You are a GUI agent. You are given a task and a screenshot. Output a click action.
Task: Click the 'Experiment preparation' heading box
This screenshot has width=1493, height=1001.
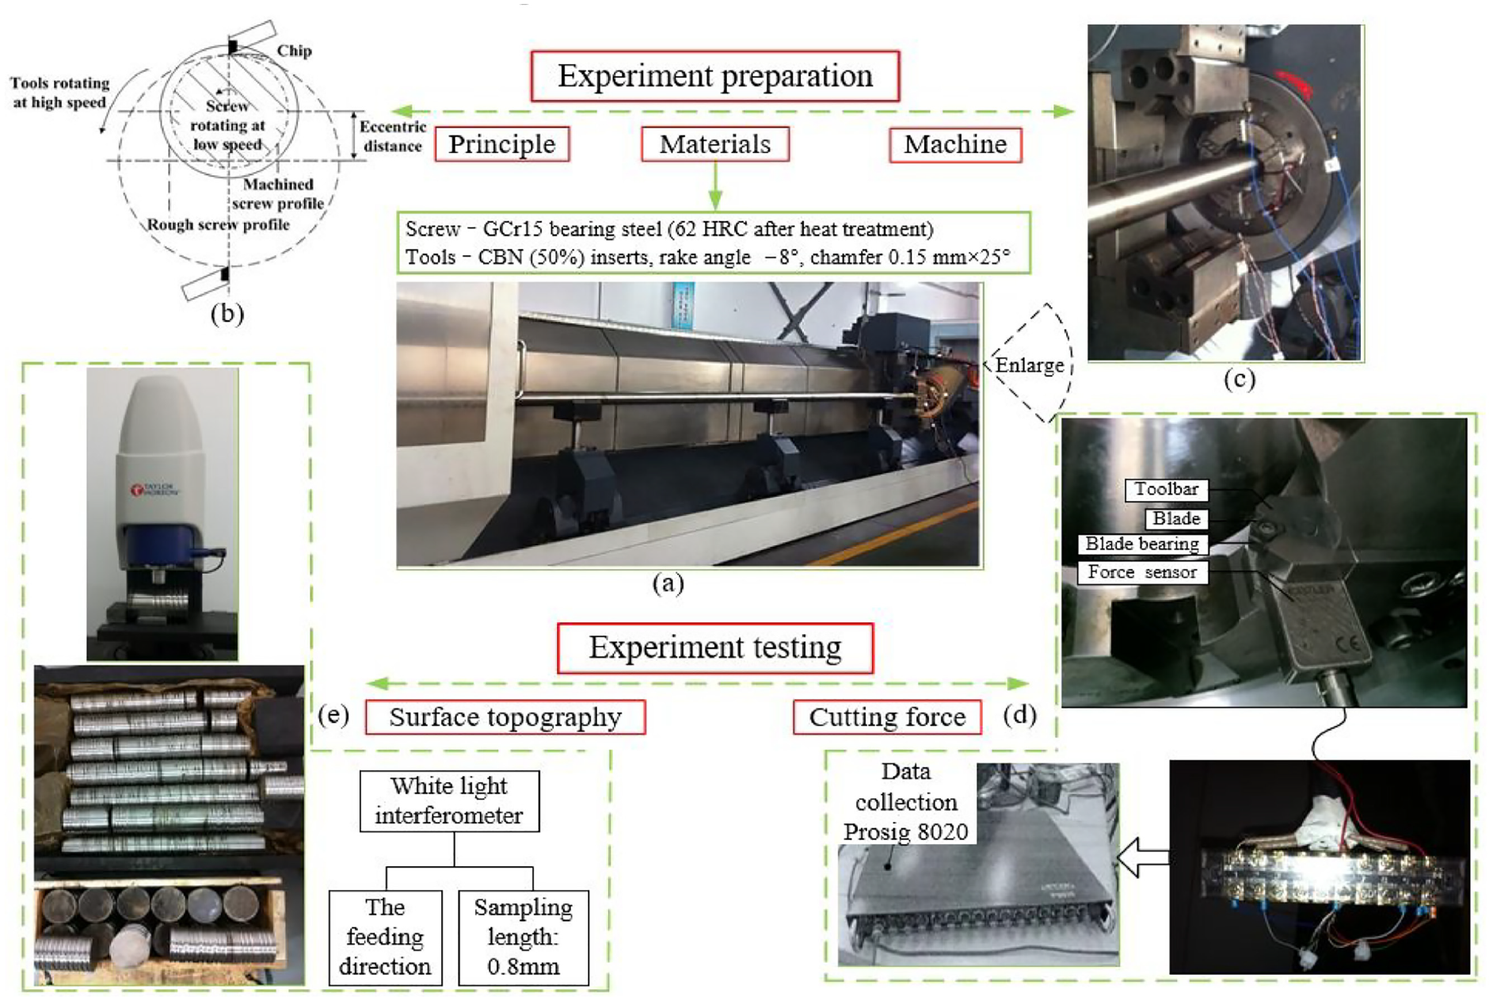[x=714, y=76]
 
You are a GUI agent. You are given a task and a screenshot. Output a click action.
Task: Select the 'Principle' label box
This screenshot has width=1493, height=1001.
[x=502, y=144]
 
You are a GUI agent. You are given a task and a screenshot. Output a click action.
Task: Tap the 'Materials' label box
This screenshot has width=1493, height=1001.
[x=715, y=144]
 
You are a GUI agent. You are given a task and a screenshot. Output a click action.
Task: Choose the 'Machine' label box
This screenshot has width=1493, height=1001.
[x=955, y=144]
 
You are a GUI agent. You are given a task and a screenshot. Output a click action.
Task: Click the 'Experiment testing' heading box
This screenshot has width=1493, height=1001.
[x=715, y=648]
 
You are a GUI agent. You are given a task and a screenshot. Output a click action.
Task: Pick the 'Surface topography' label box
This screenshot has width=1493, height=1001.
[x=505, y=717]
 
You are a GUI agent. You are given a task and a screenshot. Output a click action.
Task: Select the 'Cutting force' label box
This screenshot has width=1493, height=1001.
[x=887, y=717]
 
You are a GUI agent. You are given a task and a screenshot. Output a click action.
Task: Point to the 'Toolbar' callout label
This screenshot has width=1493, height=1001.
[x=1167, y=490]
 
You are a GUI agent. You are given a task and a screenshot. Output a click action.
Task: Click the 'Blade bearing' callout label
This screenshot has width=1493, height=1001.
[x=1142, y=544]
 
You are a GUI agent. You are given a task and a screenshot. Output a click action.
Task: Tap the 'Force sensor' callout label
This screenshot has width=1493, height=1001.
[x=1142, y=573]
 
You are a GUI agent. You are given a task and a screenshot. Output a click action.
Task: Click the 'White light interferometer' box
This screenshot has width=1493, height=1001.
[x=449, y=800]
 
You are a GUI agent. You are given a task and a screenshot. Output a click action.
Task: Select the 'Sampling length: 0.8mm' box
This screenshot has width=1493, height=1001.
[x=524, y=938]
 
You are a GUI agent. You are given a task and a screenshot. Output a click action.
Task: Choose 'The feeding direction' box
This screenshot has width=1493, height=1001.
[x=385, y=938]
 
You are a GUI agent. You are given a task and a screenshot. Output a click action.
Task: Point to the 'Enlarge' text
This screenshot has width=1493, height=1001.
[x=1030, y=365]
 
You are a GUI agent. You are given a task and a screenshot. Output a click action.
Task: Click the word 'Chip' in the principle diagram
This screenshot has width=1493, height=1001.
[x=295, y=51]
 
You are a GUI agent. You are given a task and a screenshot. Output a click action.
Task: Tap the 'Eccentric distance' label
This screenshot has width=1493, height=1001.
[x=393, y=136]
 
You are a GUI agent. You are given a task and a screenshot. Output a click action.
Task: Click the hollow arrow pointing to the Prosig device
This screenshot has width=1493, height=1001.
[x=1143, y=858]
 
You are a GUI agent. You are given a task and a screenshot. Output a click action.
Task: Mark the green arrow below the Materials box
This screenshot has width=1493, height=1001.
[x=715, y=186]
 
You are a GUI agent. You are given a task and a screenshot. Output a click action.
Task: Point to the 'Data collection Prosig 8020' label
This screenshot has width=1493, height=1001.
[x=906, y=801]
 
